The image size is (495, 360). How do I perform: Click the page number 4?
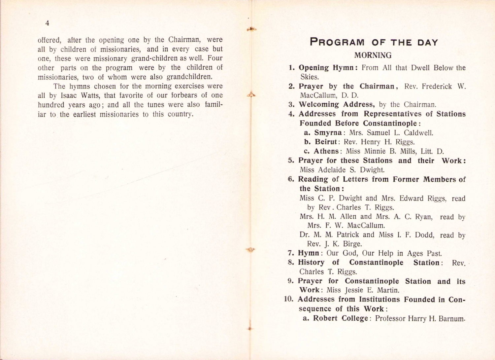click(x=47, y=23)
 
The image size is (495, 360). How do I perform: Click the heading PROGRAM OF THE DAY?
click(x=374, y=43)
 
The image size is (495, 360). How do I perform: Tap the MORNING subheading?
click(x=373, y=55)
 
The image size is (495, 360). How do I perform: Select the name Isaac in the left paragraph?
click(x=68, y=95)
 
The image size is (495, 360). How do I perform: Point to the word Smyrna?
click(x=328, y=133)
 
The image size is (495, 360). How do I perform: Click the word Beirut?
click(x=326, y=142)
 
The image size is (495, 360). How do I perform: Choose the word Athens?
click(x=326, y=151)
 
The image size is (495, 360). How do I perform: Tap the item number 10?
click(x=288, y=299)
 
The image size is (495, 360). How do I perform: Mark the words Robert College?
click(x=340, y=318)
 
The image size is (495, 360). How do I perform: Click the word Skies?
click(x=309, y=77)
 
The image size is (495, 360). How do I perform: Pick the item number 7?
click(x=291, y=253)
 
